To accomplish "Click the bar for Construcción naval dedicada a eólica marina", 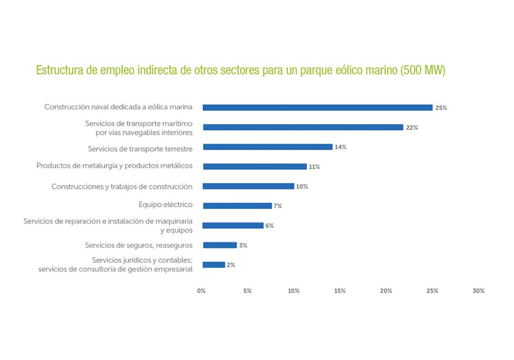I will click(x=317, y=108).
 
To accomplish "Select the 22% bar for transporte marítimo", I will click(x=303, y=127).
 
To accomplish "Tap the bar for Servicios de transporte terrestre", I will click(x=267, y=147).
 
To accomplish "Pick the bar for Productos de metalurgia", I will click(x=255, y=167).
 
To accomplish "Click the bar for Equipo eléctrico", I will click(x=237, y=206).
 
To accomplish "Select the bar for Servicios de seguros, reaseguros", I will click(x=219, y=245).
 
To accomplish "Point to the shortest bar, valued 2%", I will click(x=214, y=265).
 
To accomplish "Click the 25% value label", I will click(x=441, y=108).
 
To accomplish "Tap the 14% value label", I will click(x=340, y=147).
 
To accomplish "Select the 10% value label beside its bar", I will click(x=302, y=187).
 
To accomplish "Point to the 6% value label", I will click(x=269, y=226).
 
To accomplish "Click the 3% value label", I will click(x=243, y=246).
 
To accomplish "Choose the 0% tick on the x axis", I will click(x=201, y=291).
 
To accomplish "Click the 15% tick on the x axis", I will click(x=340, y=291).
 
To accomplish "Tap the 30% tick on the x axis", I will click(x=478, y=291).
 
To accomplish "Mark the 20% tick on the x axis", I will click(x=386, y=291).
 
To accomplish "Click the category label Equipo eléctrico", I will click(x=166, y=205).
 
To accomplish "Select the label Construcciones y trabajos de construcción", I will click(x=122, y=186).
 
